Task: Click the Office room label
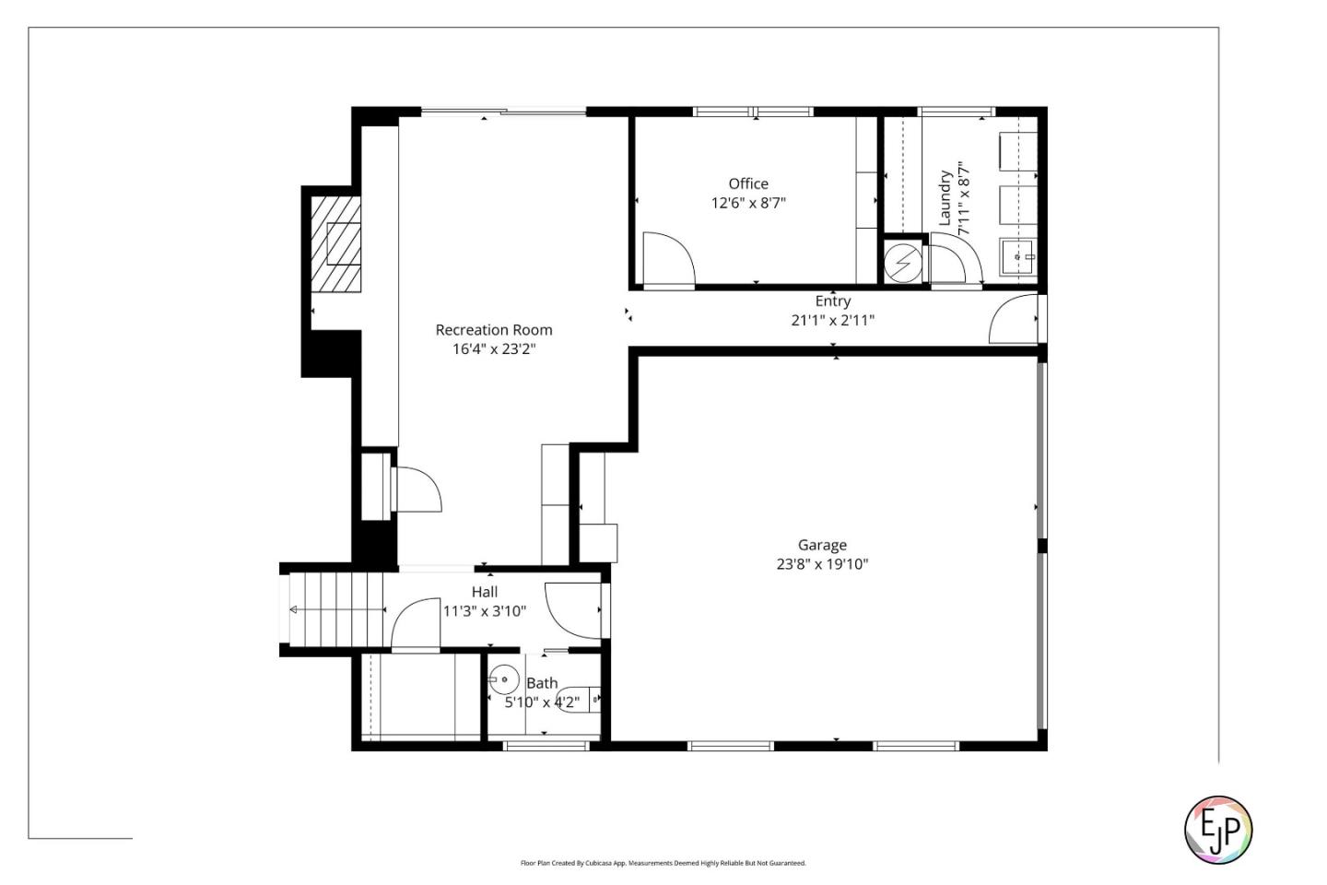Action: pyautogui.click(x=747, y=183)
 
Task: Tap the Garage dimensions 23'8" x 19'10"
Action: pyautogui.click(x=821, y=564)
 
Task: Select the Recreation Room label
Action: pyautogui.click(x=494, y=329)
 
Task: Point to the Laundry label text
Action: pyautogui.click(x=945, y=197)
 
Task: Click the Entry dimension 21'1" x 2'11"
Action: pyautogui.click(x=832, y=320)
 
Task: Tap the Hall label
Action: pyautogui.click(x=485, y=592)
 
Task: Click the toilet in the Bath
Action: pyautogui.click(x=579, y=701)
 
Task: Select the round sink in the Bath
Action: pyautogui.click(x=503, y=680)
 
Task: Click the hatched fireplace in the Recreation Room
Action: pyautogui.click(x=335, y=243)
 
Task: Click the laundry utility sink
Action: pyautogui.click(x=1017, y=256)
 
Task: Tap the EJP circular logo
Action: pyautogui.click(x=1217, y=829)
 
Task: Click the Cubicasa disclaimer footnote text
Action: pyautogui.click(x=663, y=863)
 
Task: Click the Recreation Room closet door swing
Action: pyautogui.click(x=417, y=490)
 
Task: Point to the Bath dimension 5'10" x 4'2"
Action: pyautogui.click(x=542, y=702)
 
